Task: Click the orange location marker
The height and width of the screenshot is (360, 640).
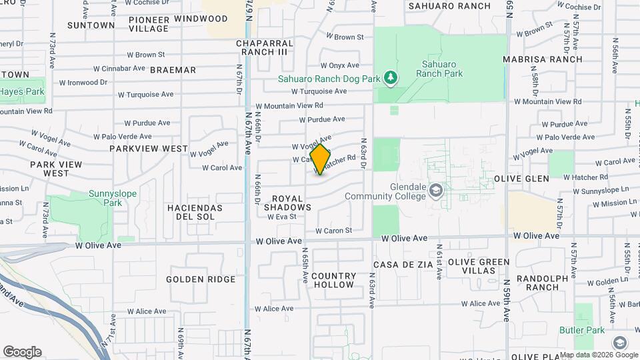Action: click(321, 159)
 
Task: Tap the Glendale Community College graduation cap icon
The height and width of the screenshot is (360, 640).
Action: click(436, 191)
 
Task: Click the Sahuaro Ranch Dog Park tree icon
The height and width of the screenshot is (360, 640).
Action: click(391, 79)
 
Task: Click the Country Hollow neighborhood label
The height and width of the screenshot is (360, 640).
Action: click(333, 280)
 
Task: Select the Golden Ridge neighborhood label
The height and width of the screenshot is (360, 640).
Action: click(201, 279)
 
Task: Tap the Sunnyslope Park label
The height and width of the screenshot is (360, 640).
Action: click(105, 198)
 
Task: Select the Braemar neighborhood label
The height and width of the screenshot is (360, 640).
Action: click(173, 70)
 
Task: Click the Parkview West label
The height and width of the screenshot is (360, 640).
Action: click(149, 149)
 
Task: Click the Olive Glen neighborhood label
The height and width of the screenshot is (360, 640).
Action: click(522, 179)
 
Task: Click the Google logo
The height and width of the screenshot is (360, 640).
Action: click(22, 352)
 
